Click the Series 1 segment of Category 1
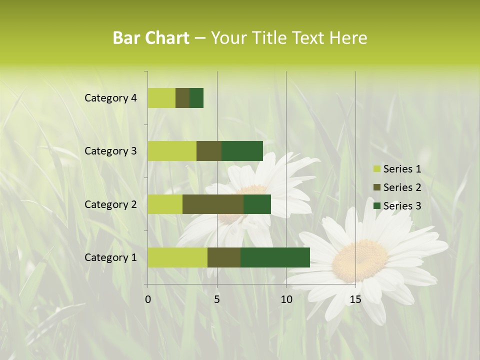point(177,257)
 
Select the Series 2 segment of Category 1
point(224,257)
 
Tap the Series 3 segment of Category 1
point(275,257)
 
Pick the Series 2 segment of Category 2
point(213,204)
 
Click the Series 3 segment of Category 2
point(257,204)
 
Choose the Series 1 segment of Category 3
point(172,151)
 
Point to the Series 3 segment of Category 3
point(242,151)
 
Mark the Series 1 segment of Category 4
point(161,98)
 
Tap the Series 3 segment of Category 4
point(196,98)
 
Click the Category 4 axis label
point(110,98)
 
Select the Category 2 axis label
point(110,204)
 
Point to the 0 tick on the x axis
point(148,299)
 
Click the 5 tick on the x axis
point(217,299)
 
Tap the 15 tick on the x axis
point(355,299)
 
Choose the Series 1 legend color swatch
point(377,169)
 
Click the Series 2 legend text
point(402,187)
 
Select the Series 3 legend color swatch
point(377,206)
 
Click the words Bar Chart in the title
point(151,38)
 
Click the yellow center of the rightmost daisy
point(359,260)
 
